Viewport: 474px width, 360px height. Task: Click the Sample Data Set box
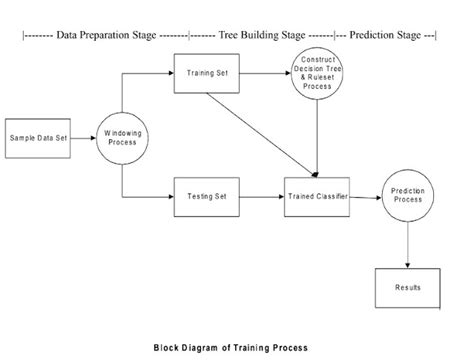coord(38,136)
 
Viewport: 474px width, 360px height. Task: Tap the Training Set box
coord(206,74)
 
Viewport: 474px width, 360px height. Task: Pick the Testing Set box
coord(206,196)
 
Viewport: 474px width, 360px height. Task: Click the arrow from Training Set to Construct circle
coord(265,74)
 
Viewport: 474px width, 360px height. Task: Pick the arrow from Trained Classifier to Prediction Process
coord(366,196)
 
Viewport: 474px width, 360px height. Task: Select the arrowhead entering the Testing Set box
coord(170,196)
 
